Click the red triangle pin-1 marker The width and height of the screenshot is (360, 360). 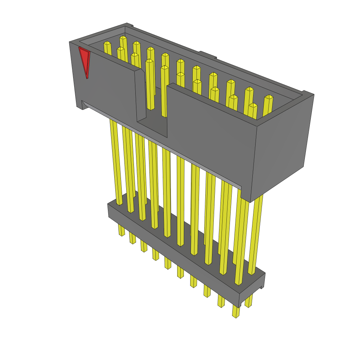point(84,60)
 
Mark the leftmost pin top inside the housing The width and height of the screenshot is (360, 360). point(107,44)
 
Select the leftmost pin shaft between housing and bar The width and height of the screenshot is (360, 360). point(116,162)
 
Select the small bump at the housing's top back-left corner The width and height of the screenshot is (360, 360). point(129,25)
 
